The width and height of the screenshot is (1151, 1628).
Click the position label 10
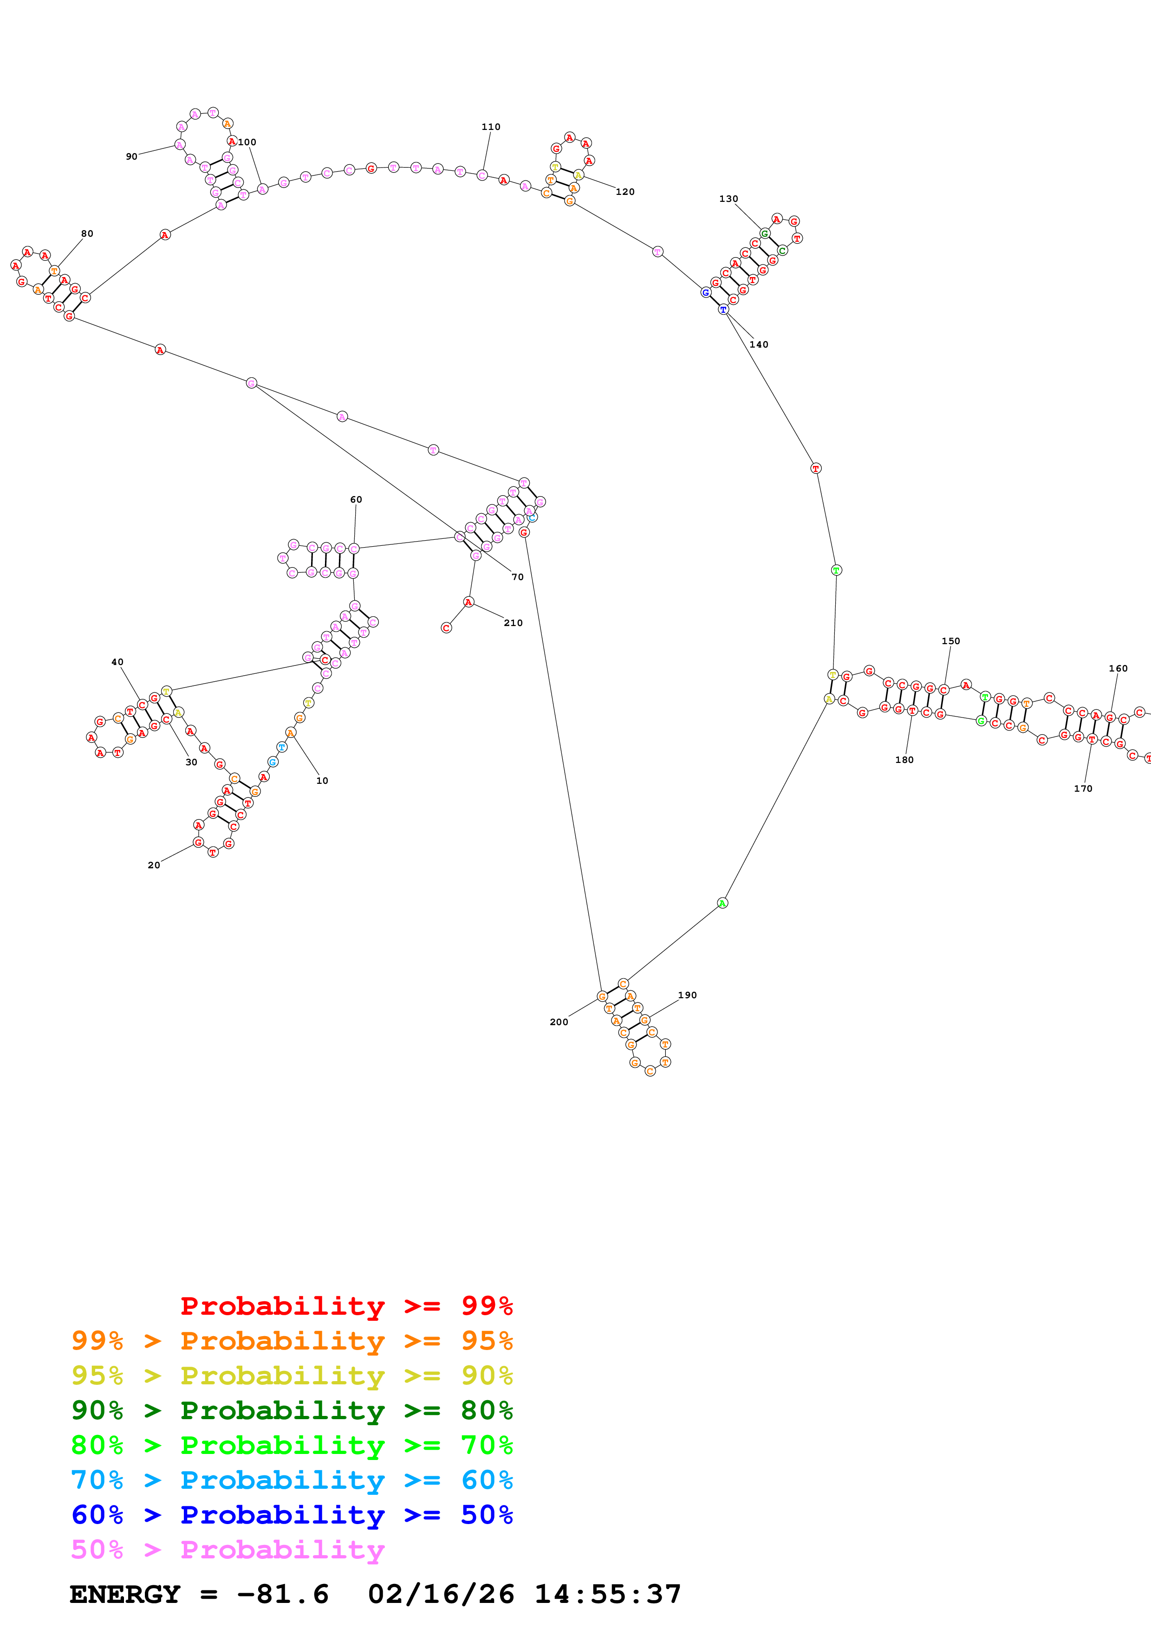[x=322, y=781]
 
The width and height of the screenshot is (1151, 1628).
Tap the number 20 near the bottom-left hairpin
[x=154, y=865]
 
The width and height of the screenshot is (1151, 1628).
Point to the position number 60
[x=356, y=500]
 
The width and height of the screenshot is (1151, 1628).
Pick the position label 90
[x=132, y=157]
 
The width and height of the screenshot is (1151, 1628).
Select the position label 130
[x=728, y=199]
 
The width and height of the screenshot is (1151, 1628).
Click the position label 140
[x=759, y=345]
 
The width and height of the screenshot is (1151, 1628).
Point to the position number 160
[x=1118, y=669]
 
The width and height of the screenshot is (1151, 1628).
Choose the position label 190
[x=687, y=995]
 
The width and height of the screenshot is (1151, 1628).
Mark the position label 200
[x=559, y=1022]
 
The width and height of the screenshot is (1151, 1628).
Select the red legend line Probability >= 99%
[x=346, y=1305]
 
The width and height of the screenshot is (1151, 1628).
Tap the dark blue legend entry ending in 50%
[x=292, y=1515]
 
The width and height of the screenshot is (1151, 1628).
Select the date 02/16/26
[x=441, y=1595]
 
